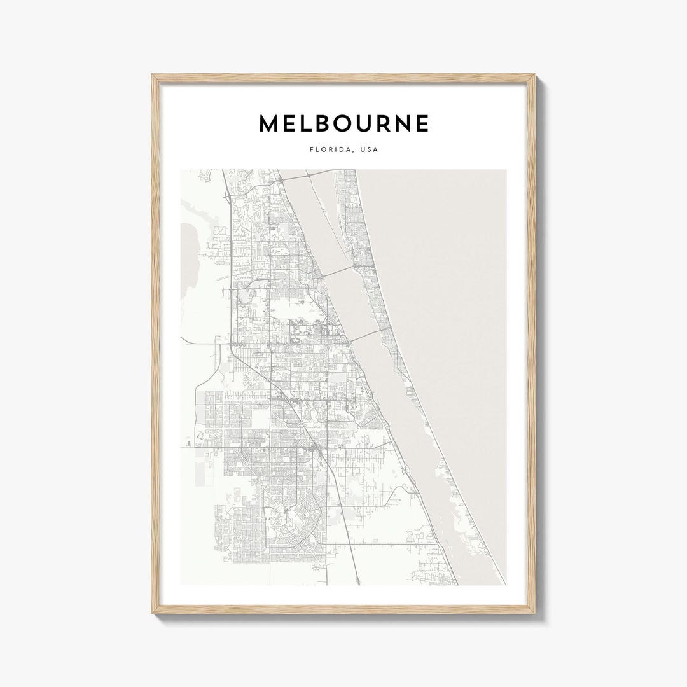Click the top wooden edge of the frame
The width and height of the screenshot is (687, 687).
(x=343, y=78)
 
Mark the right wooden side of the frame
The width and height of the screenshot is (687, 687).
(x=532, y=343)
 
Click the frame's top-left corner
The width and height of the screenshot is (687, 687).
(x=155, y=77)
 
